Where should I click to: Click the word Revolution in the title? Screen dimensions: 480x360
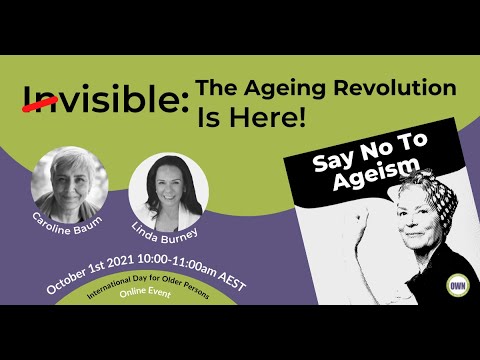click(x=395, y=88)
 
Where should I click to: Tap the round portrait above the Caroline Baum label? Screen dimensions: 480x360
click(x=70, y=184)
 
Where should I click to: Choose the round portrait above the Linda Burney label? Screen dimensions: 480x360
click(x=168, y=192)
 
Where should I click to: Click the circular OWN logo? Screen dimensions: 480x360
click(x=458, y=285)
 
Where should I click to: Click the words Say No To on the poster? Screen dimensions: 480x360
click(x=370, y=152)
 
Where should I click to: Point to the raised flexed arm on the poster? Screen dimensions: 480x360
click(x=361, y=240)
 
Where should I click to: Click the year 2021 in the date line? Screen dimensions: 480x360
click(x=120, y=262)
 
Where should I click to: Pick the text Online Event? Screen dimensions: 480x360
click(x=145, y=292)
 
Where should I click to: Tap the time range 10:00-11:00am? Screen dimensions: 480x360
click(x=177, y=264)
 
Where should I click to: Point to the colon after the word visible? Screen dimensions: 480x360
click(x=184, y=102)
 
